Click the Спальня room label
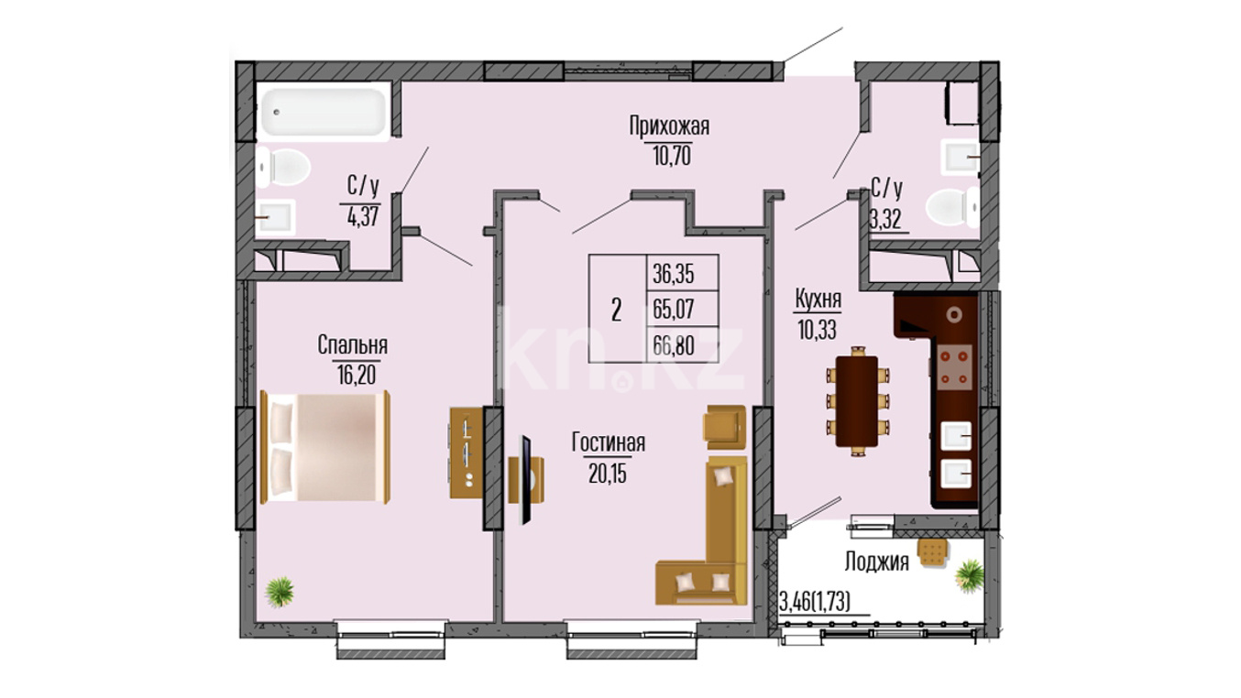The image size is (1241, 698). pos(352,344)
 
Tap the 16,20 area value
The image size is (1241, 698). pos(357,376)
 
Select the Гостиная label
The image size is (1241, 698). pos(609,442)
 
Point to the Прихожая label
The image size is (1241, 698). pos(669,126)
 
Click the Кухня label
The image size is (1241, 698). pos(818,300)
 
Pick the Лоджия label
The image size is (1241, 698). pos(877,562)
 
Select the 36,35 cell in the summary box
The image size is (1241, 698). pos(674,274)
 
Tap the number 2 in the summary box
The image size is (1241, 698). pos(617,310)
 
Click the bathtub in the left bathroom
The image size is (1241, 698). pos(324,113)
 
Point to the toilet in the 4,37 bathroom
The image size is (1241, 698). pos(283,167)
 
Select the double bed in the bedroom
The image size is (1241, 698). pos(325,447)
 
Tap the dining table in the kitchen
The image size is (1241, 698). pos(857,401)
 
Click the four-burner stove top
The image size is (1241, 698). pos(954,367)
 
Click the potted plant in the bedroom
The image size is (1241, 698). pos(280,592)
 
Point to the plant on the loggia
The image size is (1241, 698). pos(970,576)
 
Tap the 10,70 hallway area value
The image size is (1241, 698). pos(672,157)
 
